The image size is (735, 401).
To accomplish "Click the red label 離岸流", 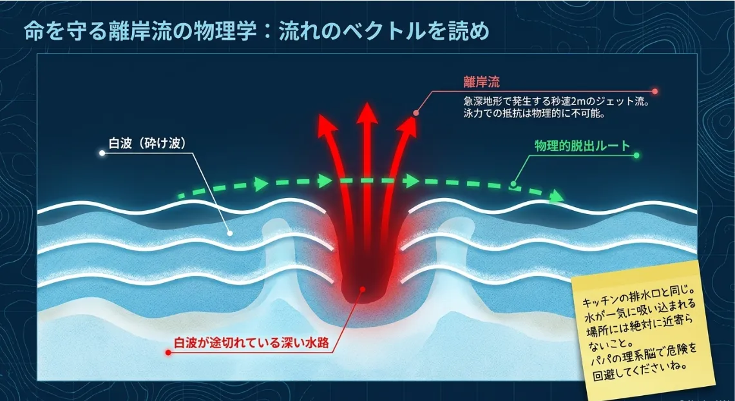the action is tap(481, 83).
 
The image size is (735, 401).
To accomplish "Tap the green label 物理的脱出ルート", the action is tap(582, 146).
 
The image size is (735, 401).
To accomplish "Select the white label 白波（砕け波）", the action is tap(147, 144).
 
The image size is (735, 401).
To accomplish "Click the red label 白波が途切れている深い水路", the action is tap(251, 343).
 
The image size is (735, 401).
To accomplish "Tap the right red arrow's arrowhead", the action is tap(407, 126).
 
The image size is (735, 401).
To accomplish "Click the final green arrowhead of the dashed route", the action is tap(557, 195).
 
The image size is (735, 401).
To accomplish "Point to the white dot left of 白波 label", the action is tap(102, 153).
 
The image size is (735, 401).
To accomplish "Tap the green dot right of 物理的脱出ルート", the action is tap(636, 155).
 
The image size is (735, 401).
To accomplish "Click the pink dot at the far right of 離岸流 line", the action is tap(655, 92).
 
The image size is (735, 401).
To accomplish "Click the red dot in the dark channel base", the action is tap(361, 289).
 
